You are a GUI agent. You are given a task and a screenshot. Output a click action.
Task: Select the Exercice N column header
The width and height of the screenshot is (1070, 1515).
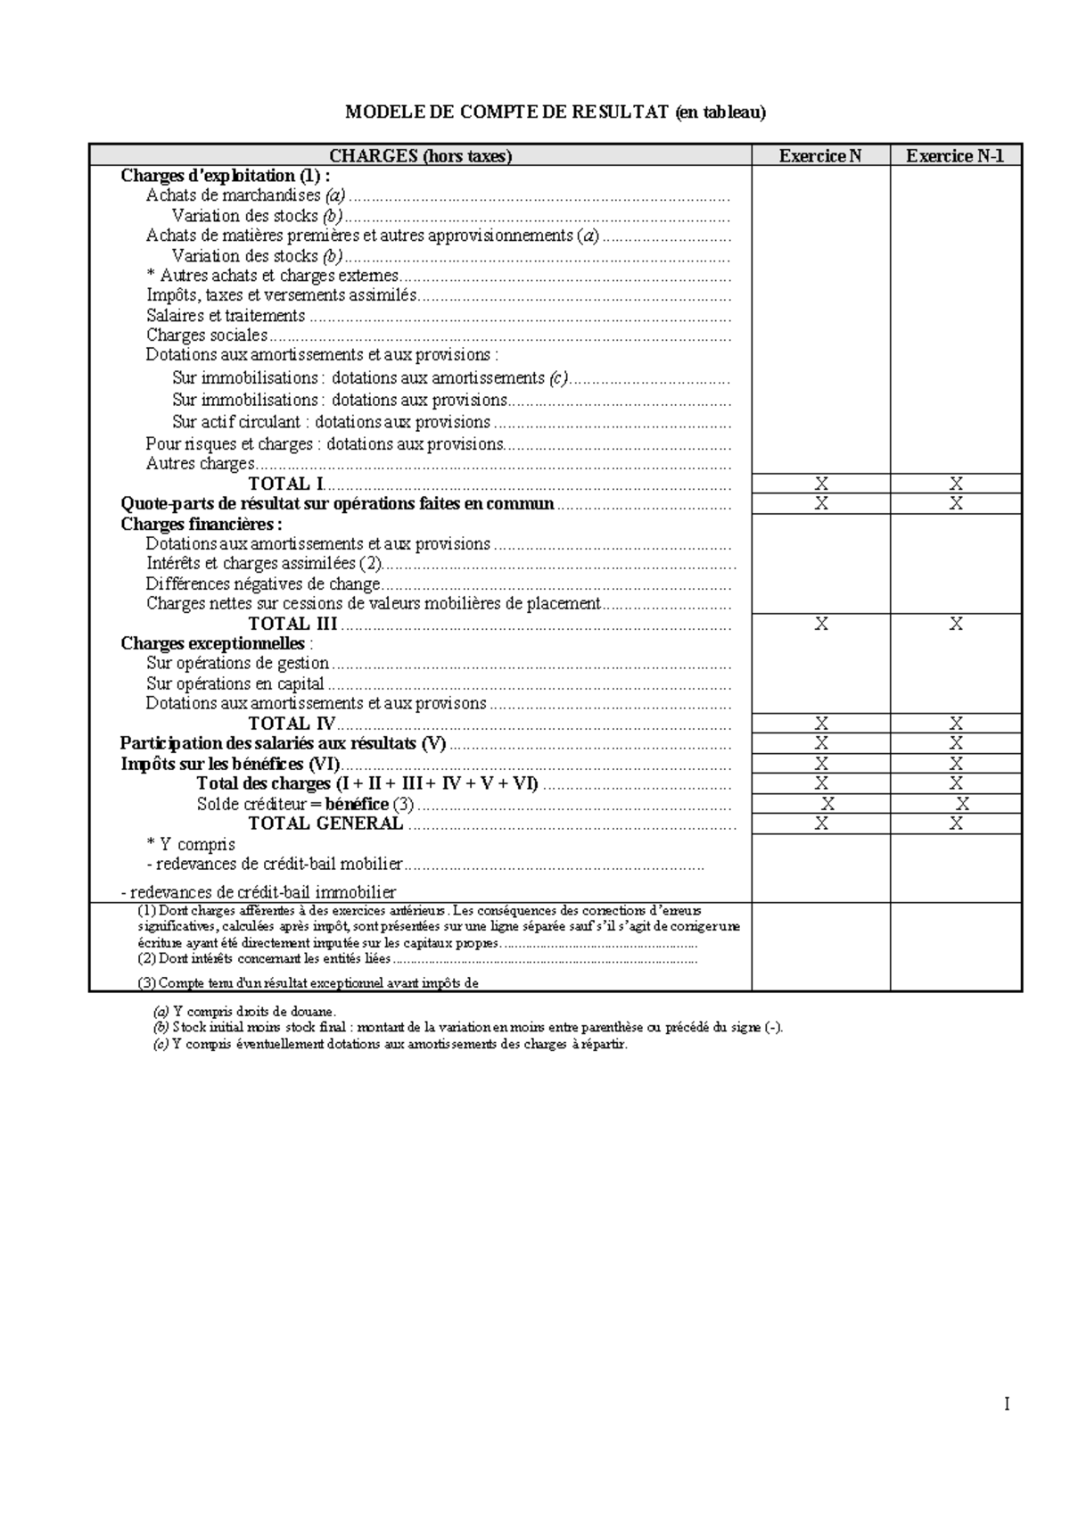820,156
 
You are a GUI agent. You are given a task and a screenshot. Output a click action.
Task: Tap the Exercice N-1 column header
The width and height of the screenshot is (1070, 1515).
955,156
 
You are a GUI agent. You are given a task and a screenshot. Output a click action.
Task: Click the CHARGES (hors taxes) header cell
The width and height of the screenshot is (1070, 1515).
420,156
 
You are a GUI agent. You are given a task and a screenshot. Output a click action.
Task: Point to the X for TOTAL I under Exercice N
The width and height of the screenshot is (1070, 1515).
821,484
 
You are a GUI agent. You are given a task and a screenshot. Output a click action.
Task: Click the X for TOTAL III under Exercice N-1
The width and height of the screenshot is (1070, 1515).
956,624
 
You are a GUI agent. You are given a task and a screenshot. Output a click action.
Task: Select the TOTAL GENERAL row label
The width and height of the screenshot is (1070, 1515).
325,824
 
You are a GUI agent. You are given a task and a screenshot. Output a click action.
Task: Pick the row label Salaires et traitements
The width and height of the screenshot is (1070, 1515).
226,316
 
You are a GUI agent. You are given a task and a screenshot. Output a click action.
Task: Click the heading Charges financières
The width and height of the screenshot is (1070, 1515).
202,524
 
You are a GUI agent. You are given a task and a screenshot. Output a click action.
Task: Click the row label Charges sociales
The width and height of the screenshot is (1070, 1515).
207,335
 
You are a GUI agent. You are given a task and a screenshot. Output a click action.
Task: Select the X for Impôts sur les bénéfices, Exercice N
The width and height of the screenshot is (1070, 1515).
821,764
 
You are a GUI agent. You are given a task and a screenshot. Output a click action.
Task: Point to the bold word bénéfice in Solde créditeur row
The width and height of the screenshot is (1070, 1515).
357,804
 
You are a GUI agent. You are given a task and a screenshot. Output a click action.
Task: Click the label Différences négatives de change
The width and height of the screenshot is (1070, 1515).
263,584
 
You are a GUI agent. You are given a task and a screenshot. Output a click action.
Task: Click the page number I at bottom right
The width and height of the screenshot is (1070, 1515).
1007,1405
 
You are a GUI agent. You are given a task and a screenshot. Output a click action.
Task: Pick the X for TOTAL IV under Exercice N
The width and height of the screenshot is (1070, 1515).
821,724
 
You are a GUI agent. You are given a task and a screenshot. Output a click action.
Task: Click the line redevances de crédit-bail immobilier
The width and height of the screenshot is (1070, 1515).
259,892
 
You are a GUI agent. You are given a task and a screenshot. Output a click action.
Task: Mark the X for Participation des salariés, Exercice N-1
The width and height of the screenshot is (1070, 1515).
956,743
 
